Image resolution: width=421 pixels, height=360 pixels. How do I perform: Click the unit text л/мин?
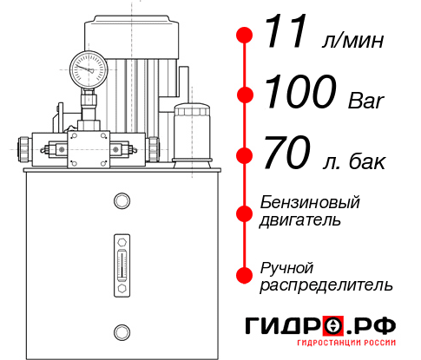353,41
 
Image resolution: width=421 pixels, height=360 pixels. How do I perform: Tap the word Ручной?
286,266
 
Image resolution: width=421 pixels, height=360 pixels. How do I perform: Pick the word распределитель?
326,285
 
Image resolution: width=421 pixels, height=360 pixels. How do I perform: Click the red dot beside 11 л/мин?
246,36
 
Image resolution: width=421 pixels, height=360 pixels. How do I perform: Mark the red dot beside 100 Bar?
246,94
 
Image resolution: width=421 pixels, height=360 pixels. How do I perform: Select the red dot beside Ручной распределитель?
246,275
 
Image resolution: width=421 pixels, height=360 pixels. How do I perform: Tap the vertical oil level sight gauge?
122,260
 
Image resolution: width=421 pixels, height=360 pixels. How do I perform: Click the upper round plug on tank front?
122,201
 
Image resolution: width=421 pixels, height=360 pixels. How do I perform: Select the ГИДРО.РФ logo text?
320,327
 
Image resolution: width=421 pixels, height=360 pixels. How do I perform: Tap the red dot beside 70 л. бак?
246,156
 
